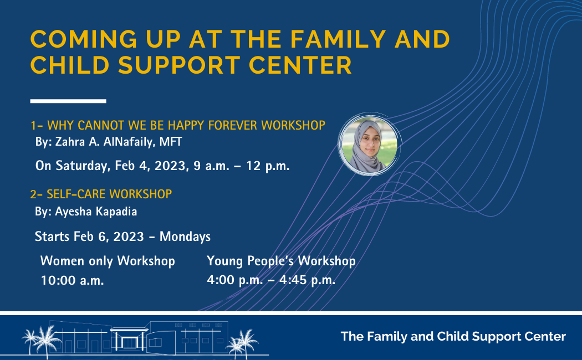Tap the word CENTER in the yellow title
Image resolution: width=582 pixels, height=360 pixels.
coord(300,65)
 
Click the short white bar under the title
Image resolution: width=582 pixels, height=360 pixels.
coord(68,101)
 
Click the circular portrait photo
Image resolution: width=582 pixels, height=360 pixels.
coord(369,144)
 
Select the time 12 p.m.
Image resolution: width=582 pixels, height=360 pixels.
coord(268,166)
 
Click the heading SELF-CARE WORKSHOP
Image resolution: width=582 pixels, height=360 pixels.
coord(109,194)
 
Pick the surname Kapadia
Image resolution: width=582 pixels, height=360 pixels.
coord(116,212)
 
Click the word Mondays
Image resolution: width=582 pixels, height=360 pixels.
coord(185,236)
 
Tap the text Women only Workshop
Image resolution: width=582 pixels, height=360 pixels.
coord(108,261)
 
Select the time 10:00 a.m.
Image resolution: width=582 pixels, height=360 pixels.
coord(73,280)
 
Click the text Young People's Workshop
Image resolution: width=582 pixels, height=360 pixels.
coord(281,261)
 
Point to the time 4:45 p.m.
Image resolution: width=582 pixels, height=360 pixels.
coord(307,280)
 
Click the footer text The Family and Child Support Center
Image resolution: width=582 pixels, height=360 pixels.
coord(453,336)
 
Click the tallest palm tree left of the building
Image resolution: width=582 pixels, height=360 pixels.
coord(47,341)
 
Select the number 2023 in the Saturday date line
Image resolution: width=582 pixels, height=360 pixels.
coord(170,166)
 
